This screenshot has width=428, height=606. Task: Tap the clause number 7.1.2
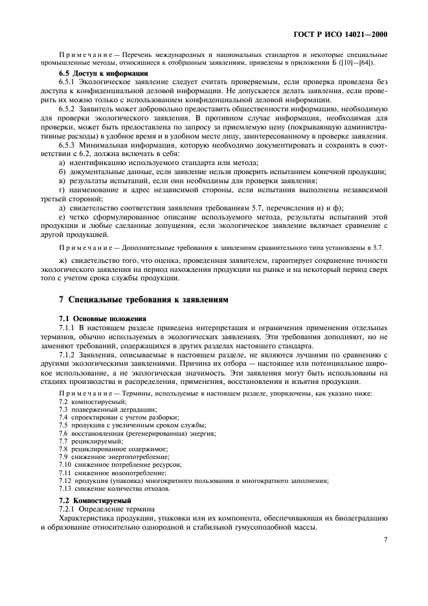(68, 355)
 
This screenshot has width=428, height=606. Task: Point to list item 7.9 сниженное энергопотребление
(107, 456)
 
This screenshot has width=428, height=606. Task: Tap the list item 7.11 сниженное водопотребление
(108, 472)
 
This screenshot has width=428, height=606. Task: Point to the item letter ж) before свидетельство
(62, 260)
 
